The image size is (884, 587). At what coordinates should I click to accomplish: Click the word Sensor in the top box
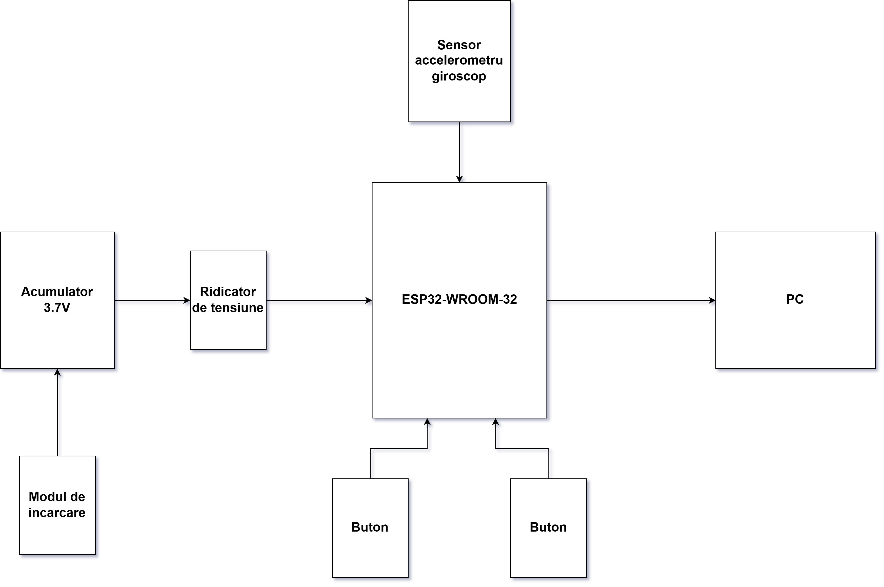coord(459,45)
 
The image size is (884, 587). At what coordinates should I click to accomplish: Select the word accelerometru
coord(459,60)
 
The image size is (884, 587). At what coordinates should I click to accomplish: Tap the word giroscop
coord(459,76)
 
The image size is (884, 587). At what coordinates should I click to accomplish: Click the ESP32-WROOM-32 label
coord(459,299)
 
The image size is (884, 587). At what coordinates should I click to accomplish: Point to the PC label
coord(795,299)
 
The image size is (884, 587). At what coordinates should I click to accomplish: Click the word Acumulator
coord(57,292)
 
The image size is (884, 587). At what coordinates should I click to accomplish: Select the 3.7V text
coord(57,308)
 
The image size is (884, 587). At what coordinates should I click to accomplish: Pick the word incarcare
coord(57,513)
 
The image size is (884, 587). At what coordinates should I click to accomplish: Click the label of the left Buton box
coord(370,527)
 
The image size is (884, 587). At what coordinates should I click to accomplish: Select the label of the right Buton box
coord(548,527)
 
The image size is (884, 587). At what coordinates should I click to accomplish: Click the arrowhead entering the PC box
coord(712,300)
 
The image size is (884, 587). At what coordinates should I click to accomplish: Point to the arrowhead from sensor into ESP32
coord(459,179)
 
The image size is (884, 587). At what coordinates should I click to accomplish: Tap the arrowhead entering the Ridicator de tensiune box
coord(187,300)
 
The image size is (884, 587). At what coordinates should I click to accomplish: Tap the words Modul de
coord(57,497)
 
